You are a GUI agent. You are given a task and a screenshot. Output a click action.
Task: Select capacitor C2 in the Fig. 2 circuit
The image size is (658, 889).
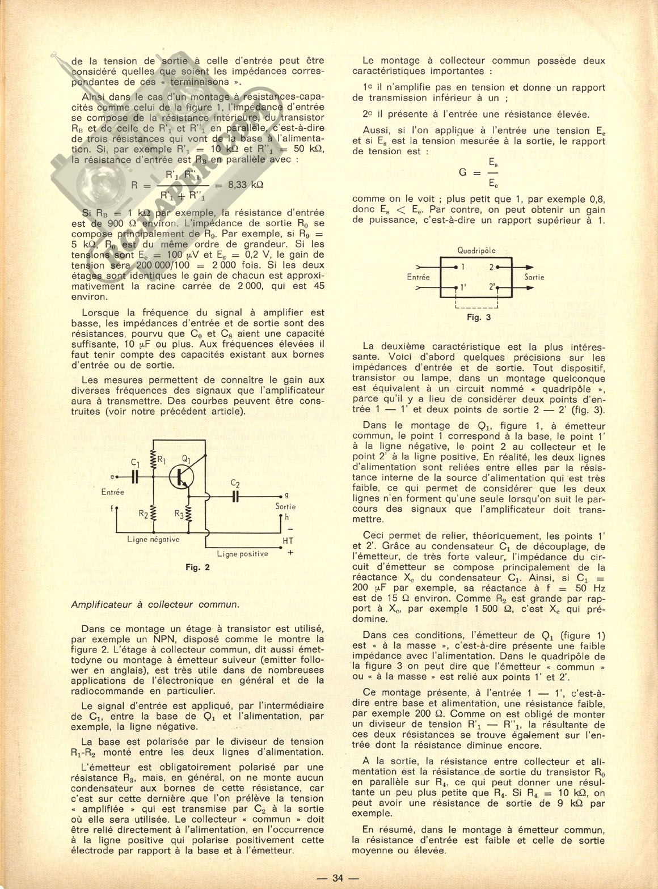(x=235, y=495)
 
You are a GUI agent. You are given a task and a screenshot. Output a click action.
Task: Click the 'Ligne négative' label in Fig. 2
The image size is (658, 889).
(x=154, y=540)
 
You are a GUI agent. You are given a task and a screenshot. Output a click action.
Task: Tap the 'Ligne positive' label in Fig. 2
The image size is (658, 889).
(x=242, y=553)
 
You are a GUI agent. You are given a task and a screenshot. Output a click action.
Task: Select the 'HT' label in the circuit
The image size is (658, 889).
(x=288, y=541)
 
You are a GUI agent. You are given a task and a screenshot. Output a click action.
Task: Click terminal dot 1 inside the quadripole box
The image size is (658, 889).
(x=457, y=266)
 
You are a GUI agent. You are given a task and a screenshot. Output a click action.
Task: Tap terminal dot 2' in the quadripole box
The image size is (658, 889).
(x=497, y=287)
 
